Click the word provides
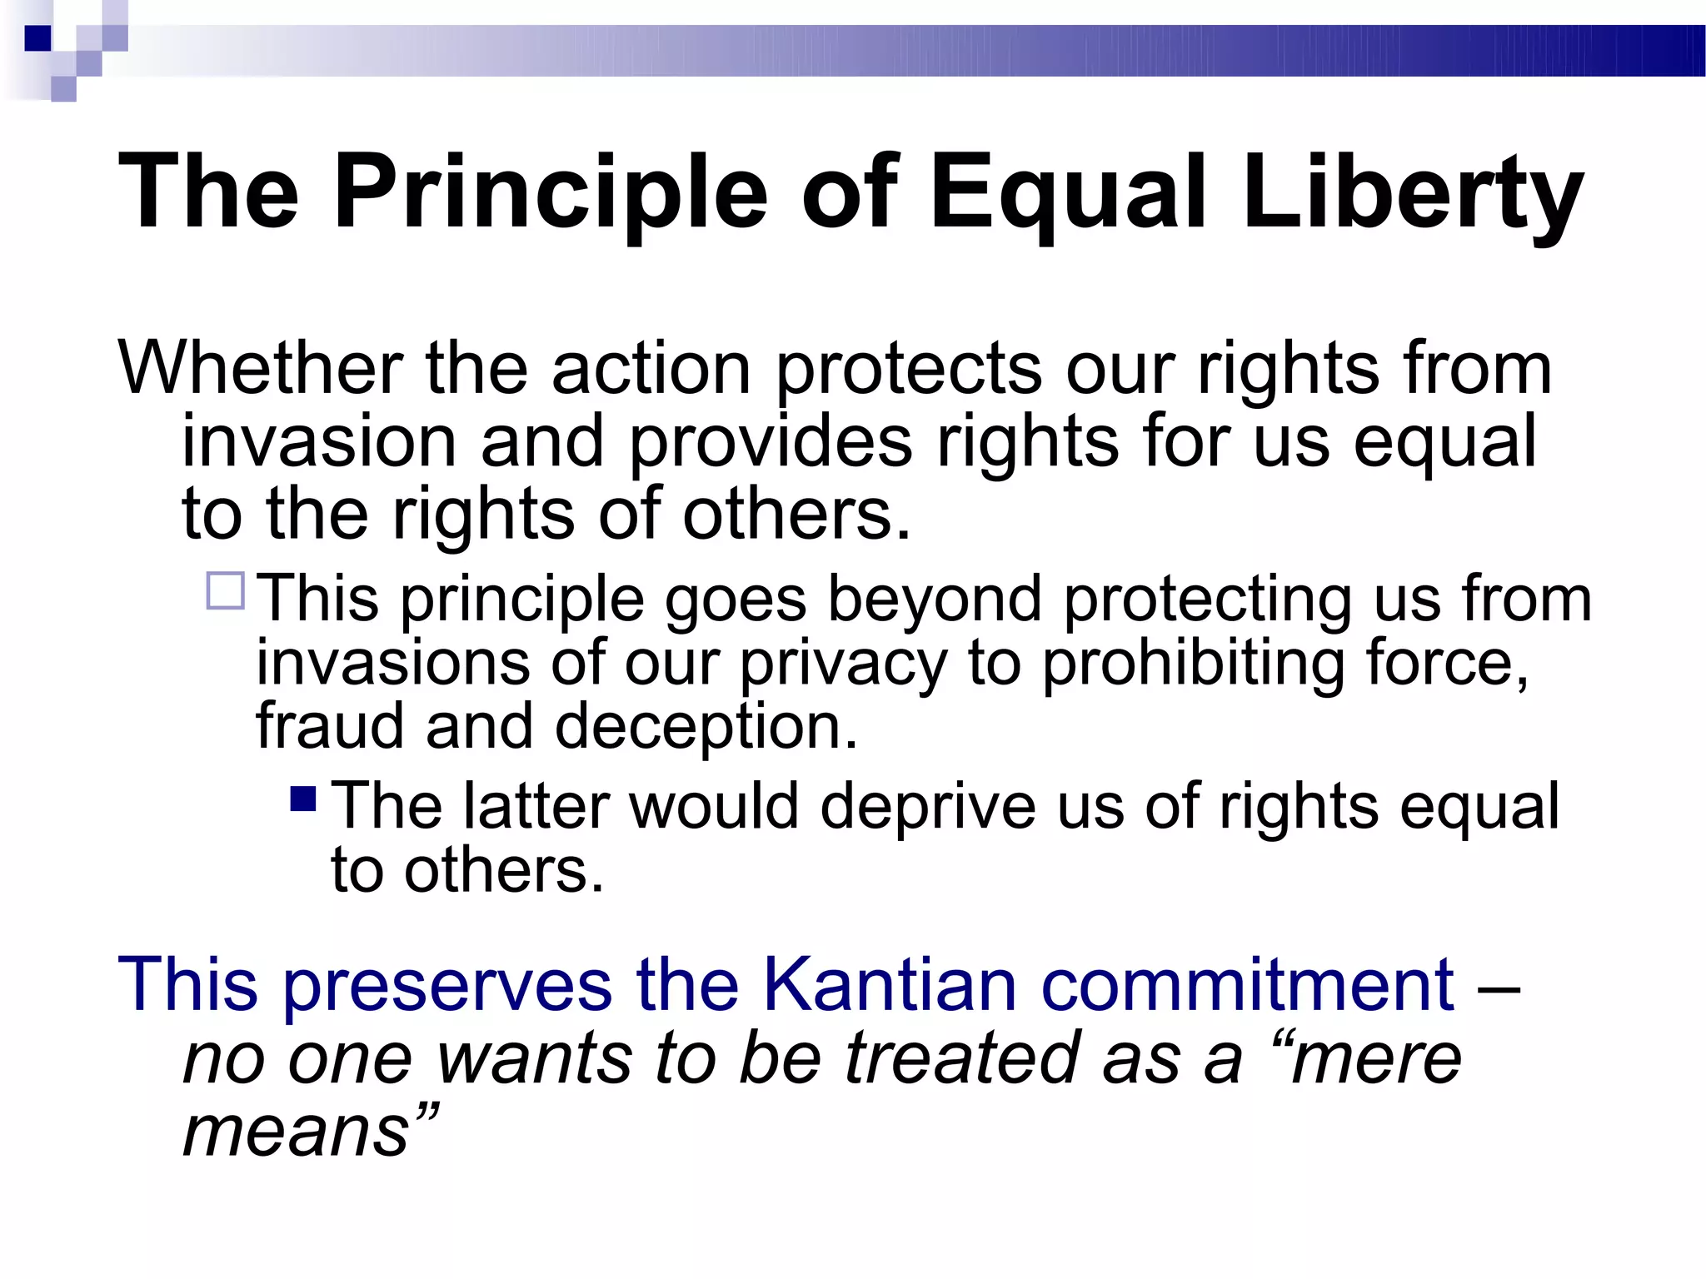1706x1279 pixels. click(771, 442)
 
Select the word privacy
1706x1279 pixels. click(843, 665)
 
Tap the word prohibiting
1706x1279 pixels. click(1192, 664)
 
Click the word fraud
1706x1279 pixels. click(329, 726)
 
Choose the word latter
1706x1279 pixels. click(536, 806)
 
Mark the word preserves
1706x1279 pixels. click(447, 986)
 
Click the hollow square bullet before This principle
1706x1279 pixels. click(226, 591)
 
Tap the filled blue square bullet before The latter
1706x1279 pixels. click(303, 799)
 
